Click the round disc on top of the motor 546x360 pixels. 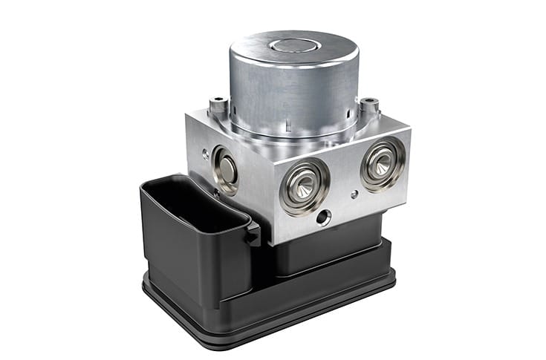click(296, 46)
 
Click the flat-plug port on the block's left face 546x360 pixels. click(225, 170)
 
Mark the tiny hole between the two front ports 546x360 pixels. click(353, 194)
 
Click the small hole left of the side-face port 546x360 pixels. click(204, 154)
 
